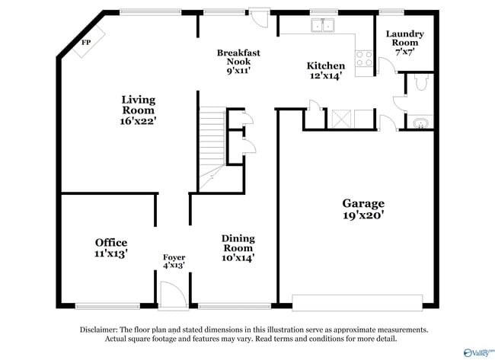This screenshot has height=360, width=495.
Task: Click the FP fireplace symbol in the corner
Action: point(86,43)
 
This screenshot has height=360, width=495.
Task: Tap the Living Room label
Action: point(138,110)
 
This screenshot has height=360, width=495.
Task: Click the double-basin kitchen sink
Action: point(323,26)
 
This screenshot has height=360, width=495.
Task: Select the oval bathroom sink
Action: point(420,123)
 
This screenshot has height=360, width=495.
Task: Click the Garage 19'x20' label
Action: point(362,209)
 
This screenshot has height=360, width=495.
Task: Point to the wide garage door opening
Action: point(357,302)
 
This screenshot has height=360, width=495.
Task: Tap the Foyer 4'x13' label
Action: point(174,261)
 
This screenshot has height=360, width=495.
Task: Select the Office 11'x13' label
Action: point(111,248)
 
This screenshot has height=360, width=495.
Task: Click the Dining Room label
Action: point(238,248)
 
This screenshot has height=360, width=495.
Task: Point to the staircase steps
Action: point(212,141)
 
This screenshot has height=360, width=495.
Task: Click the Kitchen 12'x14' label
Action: point(325,71)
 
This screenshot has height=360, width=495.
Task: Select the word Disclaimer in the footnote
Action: point(101,330)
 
